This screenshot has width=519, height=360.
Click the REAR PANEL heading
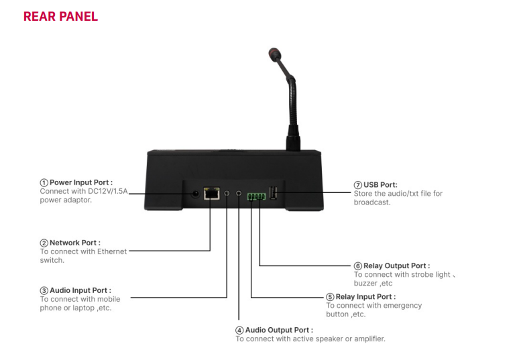(x=60, y=16)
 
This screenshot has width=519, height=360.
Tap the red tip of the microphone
(x=273, y=52)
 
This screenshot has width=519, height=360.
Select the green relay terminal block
(x=255, y=196)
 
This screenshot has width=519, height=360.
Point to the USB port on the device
(x=274, y=193)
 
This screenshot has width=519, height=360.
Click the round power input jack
(x=196, y=194)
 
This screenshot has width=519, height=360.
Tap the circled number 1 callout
(x=44, y=182)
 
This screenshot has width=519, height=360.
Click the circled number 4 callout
(x=239, y=331)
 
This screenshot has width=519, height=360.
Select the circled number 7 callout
(x=358, y=184)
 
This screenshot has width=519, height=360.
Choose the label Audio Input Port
(x=80, y=290)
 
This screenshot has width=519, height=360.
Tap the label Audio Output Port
(x=279, y=331)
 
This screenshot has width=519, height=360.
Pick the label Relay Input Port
(x=365, y=296)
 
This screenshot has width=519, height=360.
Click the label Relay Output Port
(x=396, y=266)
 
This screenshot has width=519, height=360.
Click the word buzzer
(x=365, y=283)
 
